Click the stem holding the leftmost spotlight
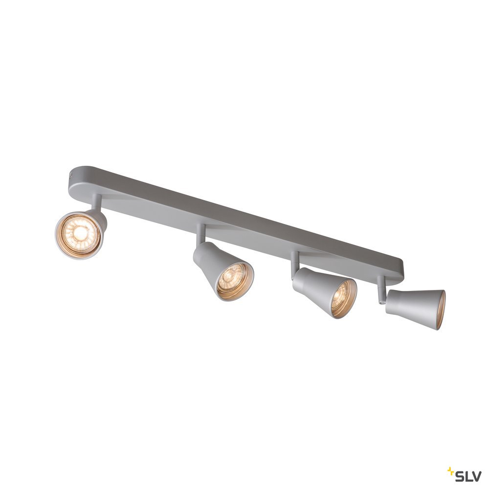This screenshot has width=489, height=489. [x=95, y=202]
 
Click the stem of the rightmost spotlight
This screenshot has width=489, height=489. [x=380, y=289]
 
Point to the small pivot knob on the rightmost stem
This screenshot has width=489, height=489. [x=381, y=301]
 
